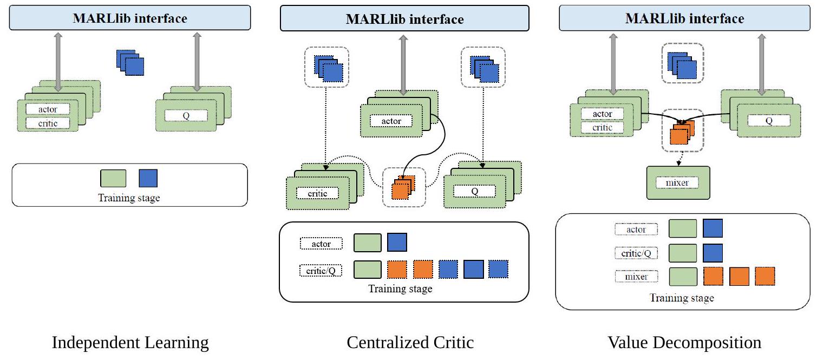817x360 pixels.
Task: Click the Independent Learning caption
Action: (130, 343)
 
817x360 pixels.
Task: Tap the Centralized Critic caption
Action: (410, 343)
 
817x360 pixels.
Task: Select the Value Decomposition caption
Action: (684, 343)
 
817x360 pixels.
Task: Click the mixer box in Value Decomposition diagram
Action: (678, 183)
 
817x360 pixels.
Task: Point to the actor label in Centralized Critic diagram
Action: (391, 121)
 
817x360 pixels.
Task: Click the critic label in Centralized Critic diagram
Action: (317, 193)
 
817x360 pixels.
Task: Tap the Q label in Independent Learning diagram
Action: (186, 115)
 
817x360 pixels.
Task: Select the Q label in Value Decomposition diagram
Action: (768, 121)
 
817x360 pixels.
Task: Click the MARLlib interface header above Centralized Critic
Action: (404, 19)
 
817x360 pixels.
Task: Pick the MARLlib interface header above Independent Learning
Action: (130, 18)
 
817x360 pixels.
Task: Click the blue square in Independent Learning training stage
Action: (148, 178)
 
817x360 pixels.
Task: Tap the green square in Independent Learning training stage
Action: (113, 178)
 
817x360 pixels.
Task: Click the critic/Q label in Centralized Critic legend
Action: (321, 269)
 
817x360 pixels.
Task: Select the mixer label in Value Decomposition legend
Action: (636, 277)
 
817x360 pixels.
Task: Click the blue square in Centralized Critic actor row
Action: (397, 243)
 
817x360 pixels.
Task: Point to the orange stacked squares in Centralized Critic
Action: (403, 186)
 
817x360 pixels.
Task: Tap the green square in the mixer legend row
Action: (682, 277)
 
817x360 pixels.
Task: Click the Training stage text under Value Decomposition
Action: (682, 298)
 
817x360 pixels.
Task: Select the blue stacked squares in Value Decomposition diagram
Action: (682, 64)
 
